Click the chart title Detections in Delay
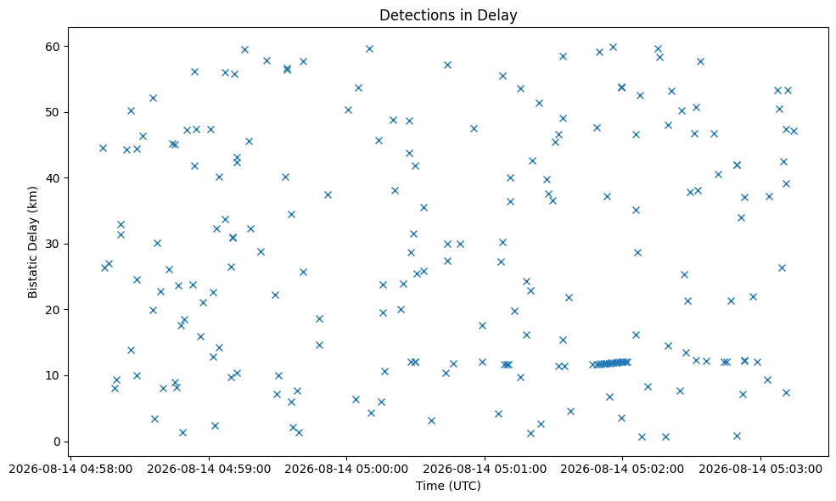(448, 15)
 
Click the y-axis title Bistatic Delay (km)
(33, 242)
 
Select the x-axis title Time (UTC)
(448, 486)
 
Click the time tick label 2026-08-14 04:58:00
(71, 469)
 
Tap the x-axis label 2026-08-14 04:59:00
(209, 469)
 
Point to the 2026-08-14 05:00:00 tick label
(346, 469)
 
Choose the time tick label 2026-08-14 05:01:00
(485, 469)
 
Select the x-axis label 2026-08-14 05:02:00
(622, 469)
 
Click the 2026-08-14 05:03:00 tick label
(760, 469)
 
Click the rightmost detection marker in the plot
(794, 132)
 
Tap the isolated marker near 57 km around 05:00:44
(448, 65)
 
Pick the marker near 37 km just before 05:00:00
(328, 194)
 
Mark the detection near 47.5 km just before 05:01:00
(474, 128)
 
